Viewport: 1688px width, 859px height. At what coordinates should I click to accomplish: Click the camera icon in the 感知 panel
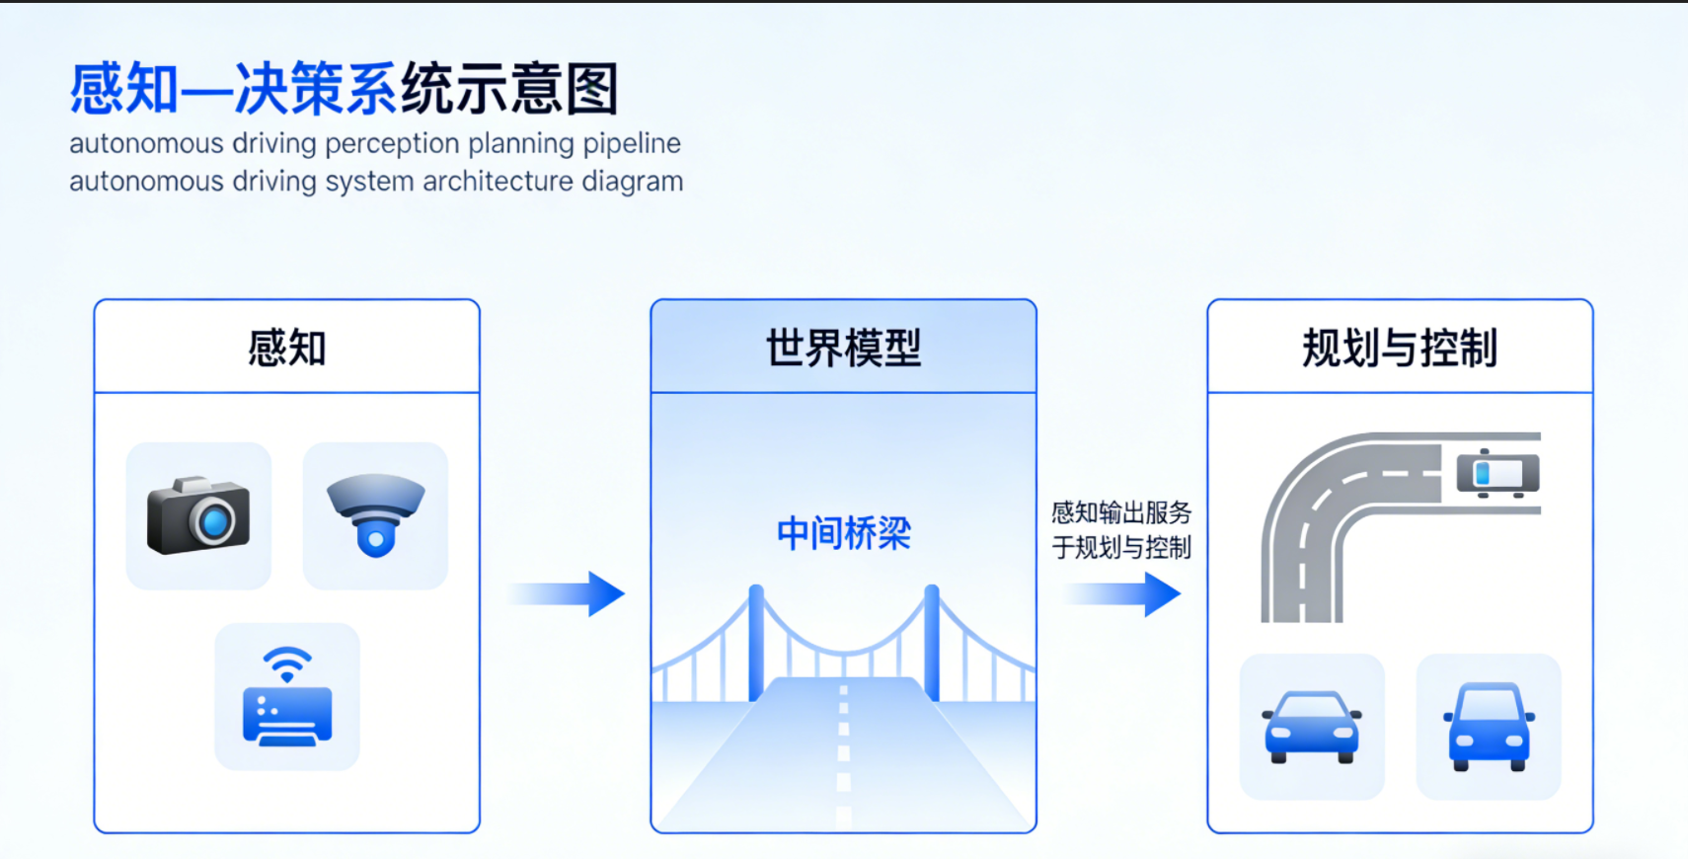pyautogui.click(x=198, y=515)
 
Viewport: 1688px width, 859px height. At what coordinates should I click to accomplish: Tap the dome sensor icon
pyautogui.click(x=375, y=513)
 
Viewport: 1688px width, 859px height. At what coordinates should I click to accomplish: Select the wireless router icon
pyautogui.click(x=287, y=697)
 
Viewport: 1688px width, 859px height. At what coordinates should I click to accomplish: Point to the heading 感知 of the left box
pyautogui.click(x=286, y=348)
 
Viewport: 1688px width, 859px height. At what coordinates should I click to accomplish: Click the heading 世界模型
pyautogui.click(x=843, y=348)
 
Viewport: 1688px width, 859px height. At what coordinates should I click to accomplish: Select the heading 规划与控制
pyautogui.click(x=1400, y=348)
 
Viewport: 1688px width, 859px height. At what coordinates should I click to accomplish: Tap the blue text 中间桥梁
pyautogui.click(x=843, y=533)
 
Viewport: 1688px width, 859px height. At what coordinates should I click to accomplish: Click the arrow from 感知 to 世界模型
pyautogui.click(x=568, y=593)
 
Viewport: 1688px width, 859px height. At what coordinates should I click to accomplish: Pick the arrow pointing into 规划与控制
pyautogui.click(x=1123, y=593)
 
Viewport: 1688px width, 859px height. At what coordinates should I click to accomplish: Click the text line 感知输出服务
pyautogui.click(x=1121, y=512)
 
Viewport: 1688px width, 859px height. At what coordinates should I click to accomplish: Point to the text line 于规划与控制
pyautogui.click(x=1121, y=547)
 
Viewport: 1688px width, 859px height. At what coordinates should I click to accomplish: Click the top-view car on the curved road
pyautogui.click(x=1497, y=473)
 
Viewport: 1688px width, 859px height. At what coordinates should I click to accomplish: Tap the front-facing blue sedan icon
pyautogui.click(x=1312, y=727)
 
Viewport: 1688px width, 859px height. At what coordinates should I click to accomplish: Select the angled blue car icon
pyautogui.click(x=1489, y=727)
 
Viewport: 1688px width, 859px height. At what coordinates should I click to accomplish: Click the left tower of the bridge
pyautogui.click(x=756, y=642)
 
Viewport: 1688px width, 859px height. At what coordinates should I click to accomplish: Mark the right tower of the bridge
pyautogui.click(x=931, y=642)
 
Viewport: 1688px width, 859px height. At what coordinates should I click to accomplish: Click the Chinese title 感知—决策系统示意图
pyautogui.click(x=344, y=89)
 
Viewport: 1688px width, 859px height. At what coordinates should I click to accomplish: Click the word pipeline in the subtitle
pyautogui.click(x=632, y=143)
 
